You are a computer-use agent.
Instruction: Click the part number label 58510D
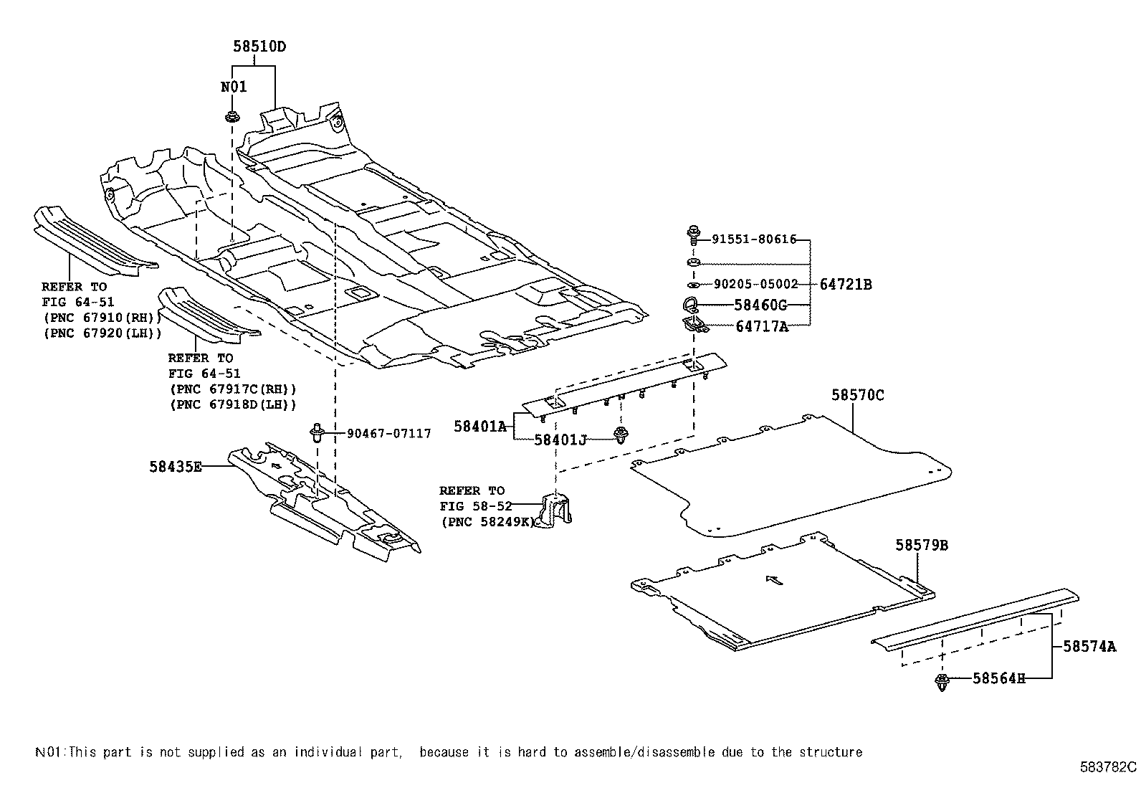259,47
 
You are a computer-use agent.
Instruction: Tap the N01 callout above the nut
233,87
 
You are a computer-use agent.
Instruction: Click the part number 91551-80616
754,239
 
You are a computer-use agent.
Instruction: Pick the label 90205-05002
755,284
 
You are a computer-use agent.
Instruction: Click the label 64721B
846,284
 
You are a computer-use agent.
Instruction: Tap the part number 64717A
761,327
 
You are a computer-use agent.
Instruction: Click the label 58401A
479,427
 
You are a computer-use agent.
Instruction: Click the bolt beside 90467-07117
316,433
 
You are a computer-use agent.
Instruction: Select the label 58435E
176,467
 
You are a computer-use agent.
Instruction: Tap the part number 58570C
858,395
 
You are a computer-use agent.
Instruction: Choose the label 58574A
1089,647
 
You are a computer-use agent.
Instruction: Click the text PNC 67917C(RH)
233,389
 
